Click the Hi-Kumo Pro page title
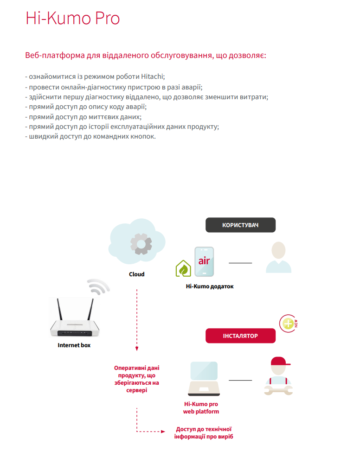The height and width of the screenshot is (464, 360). tap(72, 18)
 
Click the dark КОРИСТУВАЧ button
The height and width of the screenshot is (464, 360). tap(240, 225)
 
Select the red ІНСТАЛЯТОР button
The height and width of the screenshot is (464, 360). tap(240, 336)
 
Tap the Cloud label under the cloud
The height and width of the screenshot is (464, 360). tap(137, 274)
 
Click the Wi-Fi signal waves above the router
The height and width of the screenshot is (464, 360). tap(98, 288)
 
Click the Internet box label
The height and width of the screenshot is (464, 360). tap(74, 345)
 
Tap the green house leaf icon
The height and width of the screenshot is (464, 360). tap(183, 269)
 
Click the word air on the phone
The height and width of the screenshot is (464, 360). tap(204, 261)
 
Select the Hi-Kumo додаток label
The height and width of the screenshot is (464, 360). tap(210, 286)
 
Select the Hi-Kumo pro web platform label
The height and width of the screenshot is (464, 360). tap(201, 408)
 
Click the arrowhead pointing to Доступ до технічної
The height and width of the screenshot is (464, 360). tap(162, 432)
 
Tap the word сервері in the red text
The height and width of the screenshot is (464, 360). tap(136, 391)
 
